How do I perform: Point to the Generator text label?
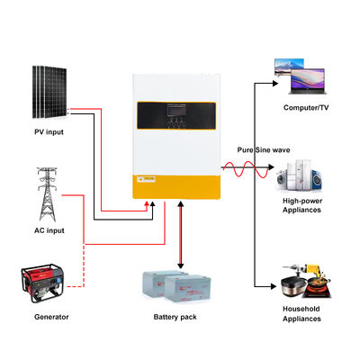click(50, 317)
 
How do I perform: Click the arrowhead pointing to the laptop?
click(274, 84)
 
